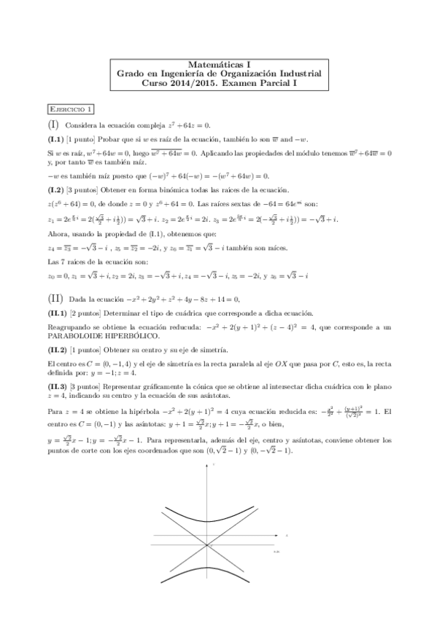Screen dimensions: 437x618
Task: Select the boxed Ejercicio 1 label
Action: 71,110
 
